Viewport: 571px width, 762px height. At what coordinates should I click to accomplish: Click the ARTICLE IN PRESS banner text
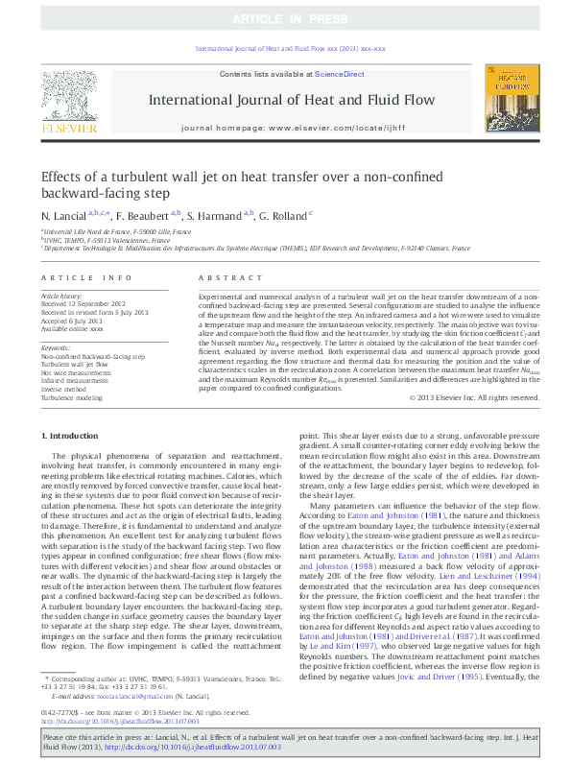coord(286,20)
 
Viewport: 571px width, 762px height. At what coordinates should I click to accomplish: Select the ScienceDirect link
coord(339,74)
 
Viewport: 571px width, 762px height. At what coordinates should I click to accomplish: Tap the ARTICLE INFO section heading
coord(87,277)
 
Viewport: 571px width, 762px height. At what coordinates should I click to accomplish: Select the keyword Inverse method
coord(65,388)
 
